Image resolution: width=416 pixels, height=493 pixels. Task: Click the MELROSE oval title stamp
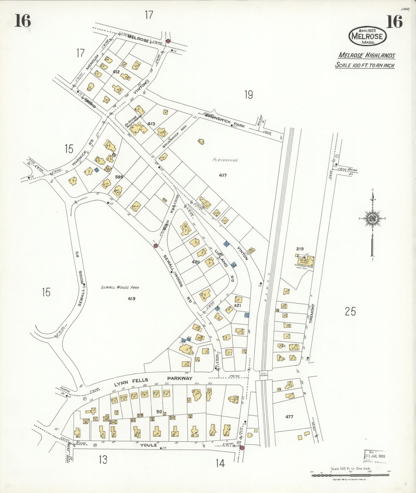368,36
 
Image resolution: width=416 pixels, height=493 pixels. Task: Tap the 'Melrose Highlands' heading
366,55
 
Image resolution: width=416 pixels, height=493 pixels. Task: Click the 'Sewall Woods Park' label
120,287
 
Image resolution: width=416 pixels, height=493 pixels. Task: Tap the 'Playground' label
225,160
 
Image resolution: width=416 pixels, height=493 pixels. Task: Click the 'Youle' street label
148,445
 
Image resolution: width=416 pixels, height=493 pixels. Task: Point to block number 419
132,299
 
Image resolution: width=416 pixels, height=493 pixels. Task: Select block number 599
119,177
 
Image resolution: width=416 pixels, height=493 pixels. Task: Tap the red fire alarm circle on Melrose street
168,41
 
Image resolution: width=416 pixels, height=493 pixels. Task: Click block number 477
289,416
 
